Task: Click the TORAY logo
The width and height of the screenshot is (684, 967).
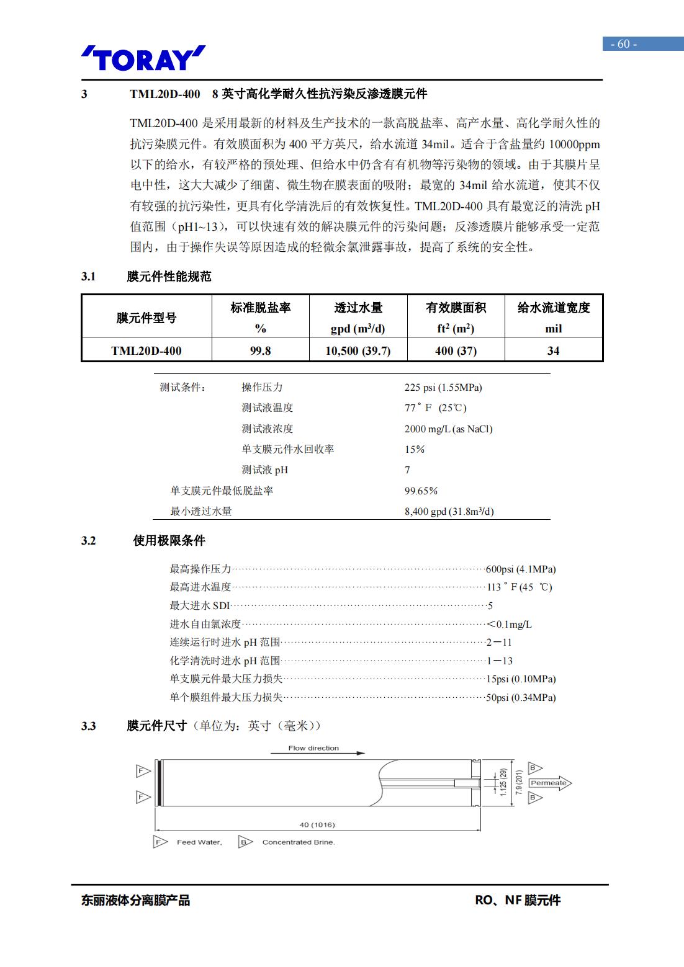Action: coord(143,59)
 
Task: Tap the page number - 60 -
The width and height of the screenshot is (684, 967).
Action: coord(624,43)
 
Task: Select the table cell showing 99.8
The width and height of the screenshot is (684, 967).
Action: coord(260,350)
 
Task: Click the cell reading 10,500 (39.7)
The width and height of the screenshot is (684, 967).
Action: coord(358,350)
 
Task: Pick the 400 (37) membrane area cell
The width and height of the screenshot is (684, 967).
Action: coord(456,350)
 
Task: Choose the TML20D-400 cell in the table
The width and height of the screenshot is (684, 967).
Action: coord(146,350)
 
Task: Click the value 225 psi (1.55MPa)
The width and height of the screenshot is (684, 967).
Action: coord(443,387)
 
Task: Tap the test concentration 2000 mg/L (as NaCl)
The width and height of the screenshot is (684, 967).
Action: coord(448,429)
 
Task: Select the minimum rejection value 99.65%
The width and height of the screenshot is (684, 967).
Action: coord(421,491)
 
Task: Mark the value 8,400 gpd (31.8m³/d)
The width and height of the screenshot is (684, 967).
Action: coord(449,511)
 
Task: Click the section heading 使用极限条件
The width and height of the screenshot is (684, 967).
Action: coord(169,540)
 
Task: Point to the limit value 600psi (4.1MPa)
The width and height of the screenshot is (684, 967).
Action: coord(520,569)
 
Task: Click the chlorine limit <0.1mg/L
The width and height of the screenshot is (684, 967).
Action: coord(509,624)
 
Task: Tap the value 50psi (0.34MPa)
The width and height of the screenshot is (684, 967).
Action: coord(520,697)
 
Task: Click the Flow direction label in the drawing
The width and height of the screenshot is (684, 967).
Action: coord(313,748)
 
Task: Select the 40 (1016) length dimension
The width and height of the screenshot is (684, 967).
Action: coord(317,824)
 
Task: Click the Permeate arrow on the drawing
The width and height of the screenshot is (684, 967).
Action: coord(549,783)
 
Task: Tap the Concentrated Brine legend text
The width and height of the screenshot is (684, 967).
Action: coord(298,842)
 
